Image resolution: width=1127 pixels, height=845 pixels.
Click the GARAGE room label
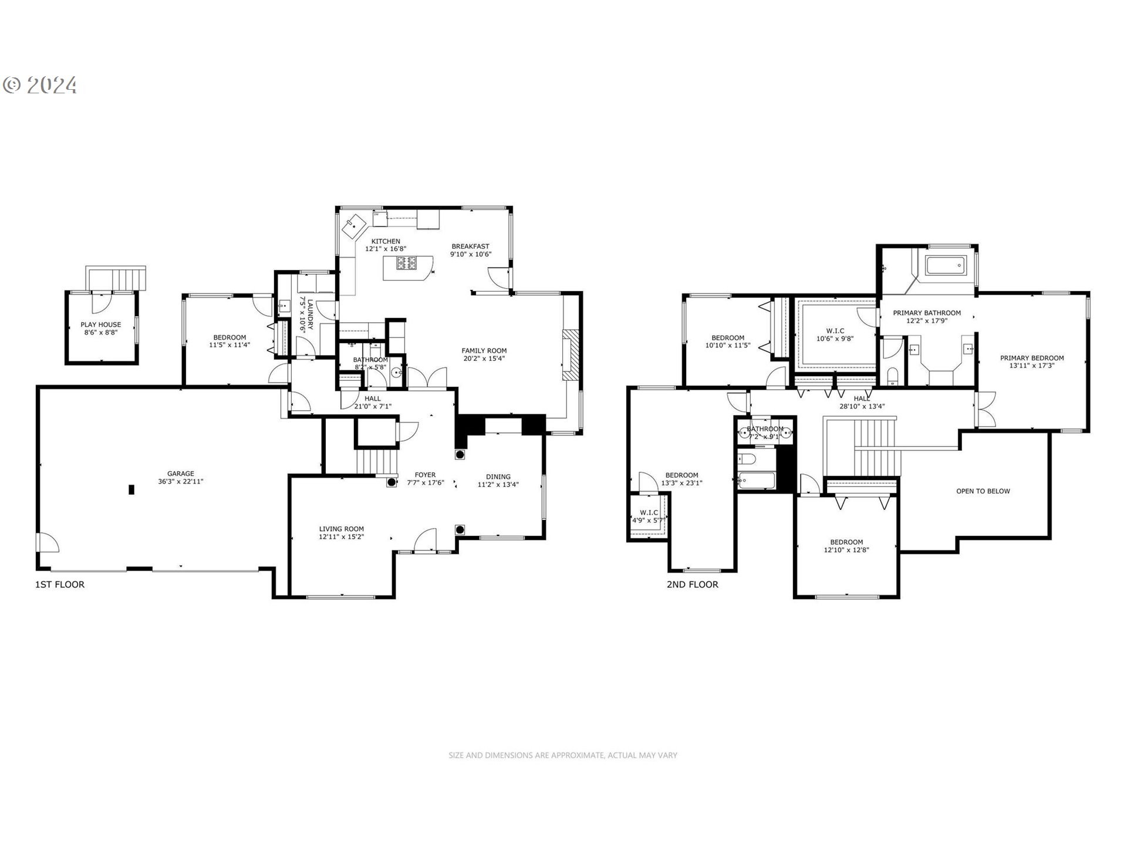click(x=181, y=474)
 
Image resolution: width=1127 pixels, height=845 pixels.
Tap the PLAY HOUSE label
click(x=101, y=325)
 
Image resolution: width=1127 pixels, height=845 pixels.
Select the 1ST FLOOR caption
click(x=60, y=584)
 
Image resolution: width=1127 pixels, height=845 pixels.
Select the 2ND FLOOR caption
click(x=692, y=584)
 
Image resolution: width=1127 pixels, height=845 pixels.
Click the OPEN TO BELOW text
click(x=983, y=491)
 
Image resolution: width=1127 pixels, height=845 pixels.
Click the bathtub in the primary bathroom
click(x=944, y=266)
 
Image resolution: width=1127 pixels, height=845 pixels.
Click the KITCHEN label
click(x=386, y=241)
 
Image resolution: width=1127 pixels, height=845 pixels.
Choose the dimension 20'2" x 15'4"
click(x=484, y=359)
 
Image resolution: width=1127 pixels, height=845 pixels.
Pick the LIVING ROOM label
click(x=342, y=529)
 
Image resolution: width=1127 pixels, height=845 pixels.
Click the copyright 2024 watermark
click(x=40, y=86)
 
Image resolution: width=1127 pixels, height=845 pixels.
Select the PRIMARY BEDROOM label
click(x=1032, y=358)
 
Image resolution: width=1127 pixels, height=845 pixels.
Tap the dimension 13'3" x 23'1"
click(x=681, y=484)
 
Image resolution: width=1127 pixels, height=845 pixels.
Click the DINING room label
click(x=498, y=476)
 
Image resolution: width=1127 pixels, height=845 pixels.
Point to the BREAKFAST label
click(x=470, y=246)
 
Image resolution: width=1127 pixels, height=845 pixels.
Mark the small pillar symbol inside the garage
click(x=131, y=489)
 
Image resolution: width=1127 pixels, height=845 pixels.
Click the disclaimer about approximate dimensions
click(x=562, y=755)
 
